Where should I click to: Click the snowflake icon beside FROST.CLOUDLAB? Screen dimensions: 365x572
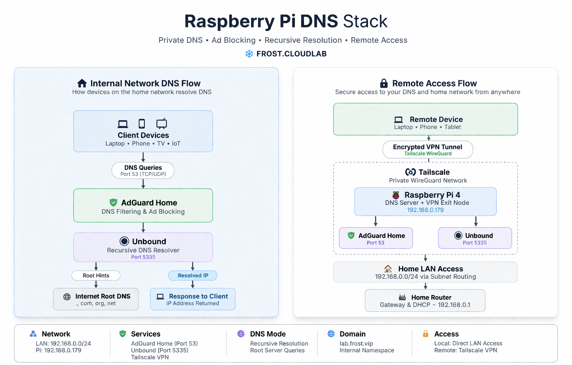coord(249,54)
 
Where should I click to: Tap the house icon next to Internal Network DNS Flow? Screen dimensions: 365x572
coord(82,83)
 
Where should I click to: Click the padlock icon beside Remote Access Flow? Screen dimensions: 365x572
coord(384,83)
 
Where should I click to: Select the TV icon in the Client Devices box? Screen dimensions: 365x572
coord(162,124)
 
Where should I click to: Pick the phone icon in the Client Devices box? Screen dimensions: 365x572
coord(142,124)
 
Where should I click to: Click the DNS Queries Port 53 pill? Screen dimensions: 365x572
coord(143,171)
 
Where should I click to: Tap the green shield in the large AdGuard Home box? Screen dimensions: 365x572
coord(113,203)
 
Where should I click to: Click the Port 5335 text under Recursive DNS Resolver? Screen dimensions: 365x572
coord(143,257)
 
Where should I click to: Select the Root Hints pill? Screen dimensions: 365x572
coord(96,275)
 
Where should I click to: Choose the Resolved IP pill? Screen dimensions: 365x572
coord(193,275)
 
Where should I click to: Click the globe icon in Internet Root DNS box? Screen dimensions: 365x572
coord(67,297)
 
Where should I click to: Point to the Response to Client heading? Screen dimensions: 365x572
coord(198,296)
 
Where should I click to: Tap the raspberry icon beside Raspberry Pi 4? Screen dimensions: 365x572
coord(396,195)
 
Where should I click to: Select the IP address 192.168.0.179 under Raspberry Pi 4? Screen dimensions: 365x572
coord(425,210)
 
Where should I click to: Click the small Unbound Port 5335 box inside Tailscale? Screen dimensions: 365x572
coord(475,238)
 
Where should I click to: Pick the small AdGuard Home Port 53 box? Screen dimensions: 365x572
coord(376,238)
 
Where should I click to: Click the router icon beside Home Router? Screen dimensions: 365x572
coord(402,297)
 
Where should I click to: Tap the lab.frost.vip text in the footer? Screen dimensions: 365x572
coord(356,343)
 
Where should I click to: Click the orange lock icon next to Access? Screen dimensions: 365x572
coord(426,334)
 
